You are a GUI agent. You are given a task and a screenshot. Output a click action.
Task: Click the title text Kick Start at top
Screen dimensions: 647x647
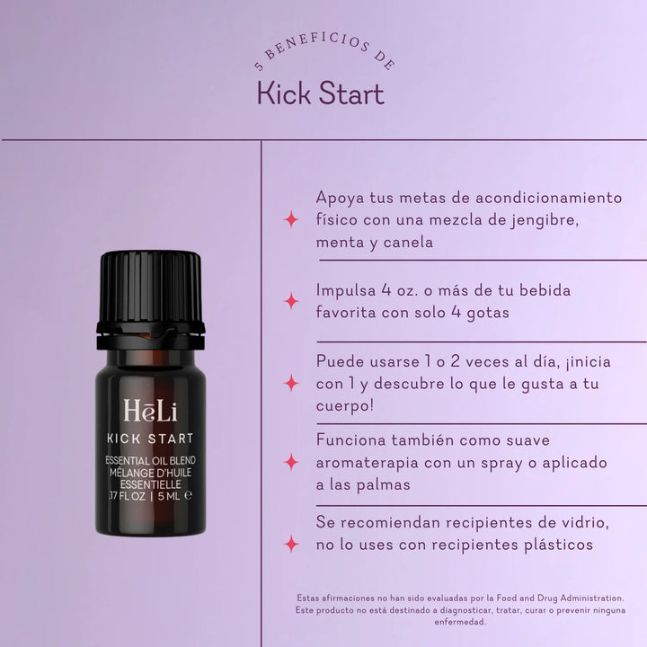pyautogui.click(x=321, y=93)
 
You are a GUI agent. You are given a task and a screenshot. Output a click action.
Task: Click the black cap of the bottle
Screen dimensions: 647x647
pyautogui.click(x=150, y=289)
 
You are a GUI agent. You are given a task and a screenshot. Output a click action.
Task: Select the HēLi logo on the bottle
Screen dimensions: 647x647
pyautogui.click(x=150, y=412)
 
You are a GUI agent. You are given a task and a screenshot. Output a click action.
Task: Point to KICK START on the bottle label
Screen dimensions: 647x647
pyautogui.click(x=150, y=439)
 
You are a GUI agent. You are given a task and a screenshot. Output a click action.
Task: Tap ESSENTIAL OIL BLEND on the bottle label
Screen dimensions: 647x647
pyautogui.click(x=150, y=461)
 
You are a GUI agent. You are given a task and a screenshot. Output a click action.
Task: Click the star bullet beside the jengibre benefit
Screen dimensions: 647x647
pyautogui.click(x=291, y=219)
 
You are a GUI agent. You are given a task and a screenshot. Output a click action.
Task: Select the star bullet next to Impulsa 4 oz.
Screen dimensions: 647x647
pyautogui.click(x=291, y=301)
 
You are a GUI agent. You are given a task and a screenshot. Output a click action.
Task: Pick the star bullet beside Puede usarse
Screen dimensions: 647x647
pyautogui.click(x=291, y=384)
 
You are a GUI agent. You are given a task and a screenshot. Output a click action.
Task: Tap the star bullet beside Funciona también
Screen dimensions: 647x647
pyautogui.click(x=291, y=463)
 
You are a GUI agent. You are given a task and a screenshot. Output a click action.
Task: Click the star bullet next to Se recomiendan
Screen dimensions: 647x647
pyautogui.click(x=291, y=544)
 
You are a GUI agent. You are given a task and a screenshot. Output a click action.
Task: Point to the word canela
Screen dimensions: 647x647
pyautogui.click(x=406, y=243)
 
